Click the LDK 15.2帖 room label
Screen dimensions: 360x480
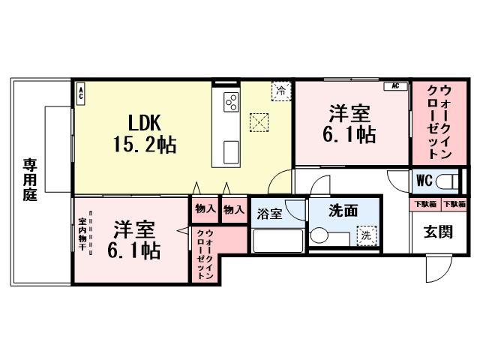[x=145, y=133]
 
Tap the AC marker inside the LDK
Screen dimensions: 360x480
[x=81, y=94]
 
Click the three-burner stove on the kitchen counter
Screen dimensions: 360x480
[x=229, y=102]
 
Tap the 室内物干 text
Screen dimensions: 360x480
[x=82, y=235]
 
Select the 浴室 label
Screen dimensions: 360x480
[x=271, y=214]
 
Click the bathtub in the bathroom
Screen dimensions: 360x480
[x=277, y=241]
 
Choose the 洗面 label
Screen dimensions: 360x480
[x=343, y=211]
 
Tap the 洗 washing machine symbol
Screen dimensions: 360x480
[x=365, y=234]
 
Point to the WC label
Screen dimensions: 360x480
[x=424, y=181]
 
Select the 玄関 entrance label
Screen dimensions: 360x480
[x=440, y=232]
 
